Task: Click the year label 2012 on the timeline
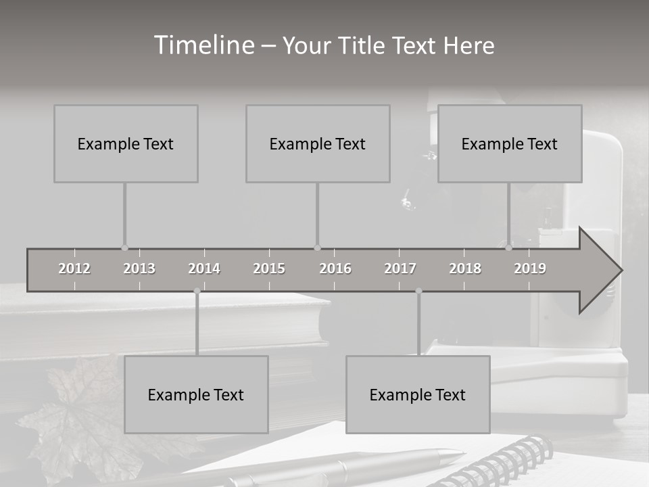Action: [x=74, y=269]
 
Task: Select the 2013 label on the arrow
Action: [x=139, y=269]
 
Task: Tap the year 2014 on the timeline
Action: [x=204, y=269]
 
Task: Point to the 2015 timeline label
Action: [x=269, y=269]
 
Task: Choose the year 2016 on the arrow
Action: [x=335, y=269]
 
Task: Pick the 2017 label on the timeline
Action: [x=400, y=269]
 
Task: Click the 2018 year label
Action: [x=465, y=269]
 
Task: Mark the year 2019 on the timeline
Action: [x=530, y=269]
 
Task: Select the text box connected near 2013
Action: [x=126, y=143]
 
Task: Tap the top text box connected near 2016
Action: [x=318, y=143]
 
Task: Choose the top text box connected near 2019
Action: [x=510, y=143]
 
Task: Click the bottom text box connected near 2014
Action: [x=196, y=394]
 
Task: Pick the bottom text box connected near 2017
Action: [x=418, y=394]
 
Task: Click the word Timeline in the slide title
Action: [x=203, y=45]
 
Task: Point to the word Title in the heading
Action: [x=365, y=46]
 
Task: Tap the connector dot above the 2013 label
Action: [x=124, y=248]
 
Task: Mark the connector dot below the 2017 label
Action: [x=418, y=291]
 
